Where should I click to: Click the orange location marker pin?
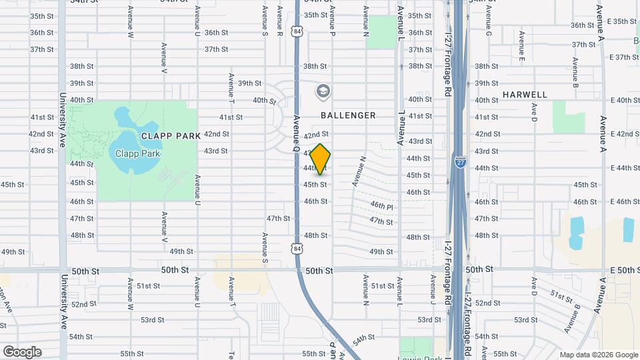point(321,159)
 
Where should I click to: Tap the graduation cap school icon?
point(323,91)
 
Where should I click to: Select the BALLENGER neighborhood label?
point(348,115)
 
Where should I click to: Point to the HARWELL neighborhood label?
point(525,95)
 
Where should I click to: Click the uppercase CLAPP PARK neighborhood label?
point(171,135)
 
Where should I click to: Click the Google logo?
point(21,352)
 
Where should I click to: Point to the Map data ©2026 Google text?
point(599,355)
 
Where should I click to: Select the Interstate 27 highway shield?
point(460,161)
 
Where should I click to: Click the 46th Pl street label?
point(382,205)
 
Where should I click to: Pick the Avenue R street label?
point(280,21)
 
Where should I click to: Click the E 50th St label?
point(625,269)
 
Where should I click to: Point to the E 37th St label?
point(625,57)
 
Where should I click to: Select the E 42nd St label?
point(625,134)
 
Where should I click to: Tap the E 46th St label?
point(625,201)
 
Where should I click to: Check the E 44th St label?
point(625,168)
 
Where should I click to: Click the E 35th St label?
point(625,21)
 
